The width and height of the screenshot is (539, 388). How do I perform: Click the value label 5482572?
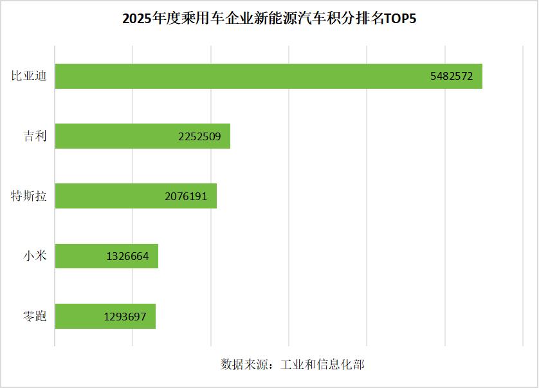pyautogui.click(x=452, y=76)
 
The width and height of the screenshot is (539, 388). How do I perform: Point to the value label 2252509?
pyautogui.click(x=200, y=136)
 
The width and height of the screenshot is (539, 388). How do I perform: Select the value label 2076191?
pyautogui.click(x=186, y=196)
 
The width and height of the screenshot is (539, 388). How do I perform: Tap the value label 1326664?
pyautogui.click(x=127, y=256)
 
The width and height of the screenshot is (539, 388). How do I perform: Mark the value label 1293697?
pyautogui.click(x=125, y=316)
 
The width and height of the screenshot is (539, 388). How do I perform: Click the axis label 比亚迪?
pyautogui.click(x=29, y=76)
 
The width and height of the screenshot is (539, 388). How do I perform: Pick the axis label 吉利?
pyautogui.click(x=35, y=136)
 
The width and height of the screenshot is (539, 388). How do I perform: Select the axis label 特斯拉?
pyautogui.click(x=29, y=196)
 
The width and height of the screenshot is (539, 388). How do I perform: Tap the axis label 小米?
pyautogui.click(x=35, y=256)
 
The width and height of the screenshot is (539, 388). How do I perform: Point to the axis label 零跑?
pyautogui.click(x=35, y=316)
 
